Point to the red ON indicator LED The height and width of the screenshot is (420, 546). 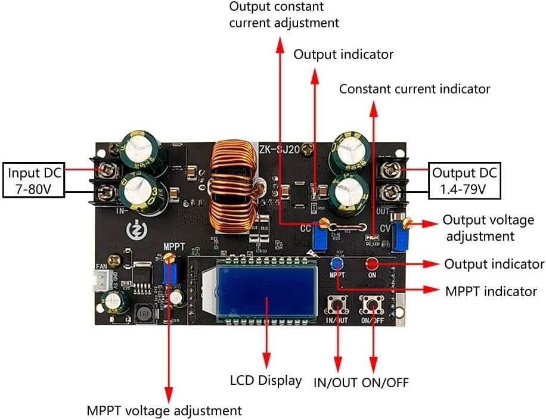pos(372,263)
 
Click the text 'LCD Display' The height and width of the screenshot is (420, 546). pos(266,380)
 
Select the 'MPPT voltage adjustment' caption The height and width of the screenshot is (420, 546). pos(165,410)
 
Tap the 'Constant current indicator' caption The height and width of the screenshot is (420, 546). pos(414,89)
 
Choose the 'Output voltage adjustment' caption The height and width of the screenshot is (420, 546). pos(488,228)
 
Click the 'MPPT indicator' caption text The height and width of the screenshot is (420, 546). pos(491,291)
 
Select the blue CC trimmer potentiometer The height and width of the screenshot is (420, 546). pos(321,239)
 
